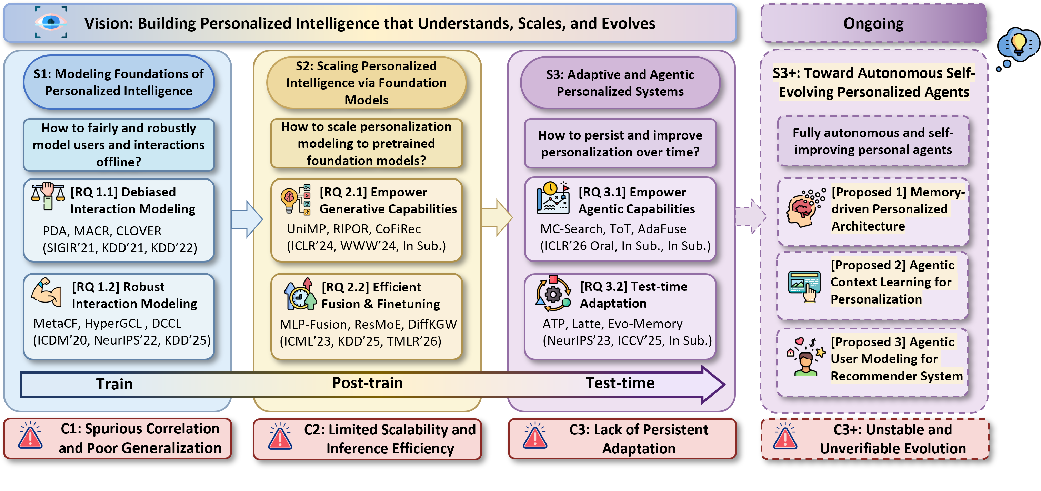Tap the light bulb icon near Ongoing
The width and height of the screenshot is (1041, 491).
tap(1018, 44)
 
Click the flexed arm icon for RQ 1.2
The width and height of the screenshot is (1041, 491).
tap(47, 292)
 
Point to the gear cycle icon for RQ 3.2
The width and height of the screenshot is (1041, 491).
tap(553, 294)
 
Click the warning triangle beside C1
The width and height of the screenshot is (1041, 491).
tap(30, 437)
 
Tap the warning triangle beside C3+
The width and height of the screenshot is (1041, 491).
tap(785, 437)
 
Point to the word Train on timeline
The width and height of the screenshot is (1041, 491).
tap(114, 384)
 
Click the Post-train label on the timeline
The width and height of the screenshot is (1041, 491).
tap(367, 383)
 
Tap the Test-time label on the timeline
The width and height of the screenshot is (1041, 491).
tap(620, 383)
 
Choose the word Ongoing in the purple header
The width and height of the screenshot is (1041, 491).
tap(873, 23)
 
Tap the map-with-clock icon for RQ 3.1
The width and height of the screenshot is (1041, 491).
tap(553, 198)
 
